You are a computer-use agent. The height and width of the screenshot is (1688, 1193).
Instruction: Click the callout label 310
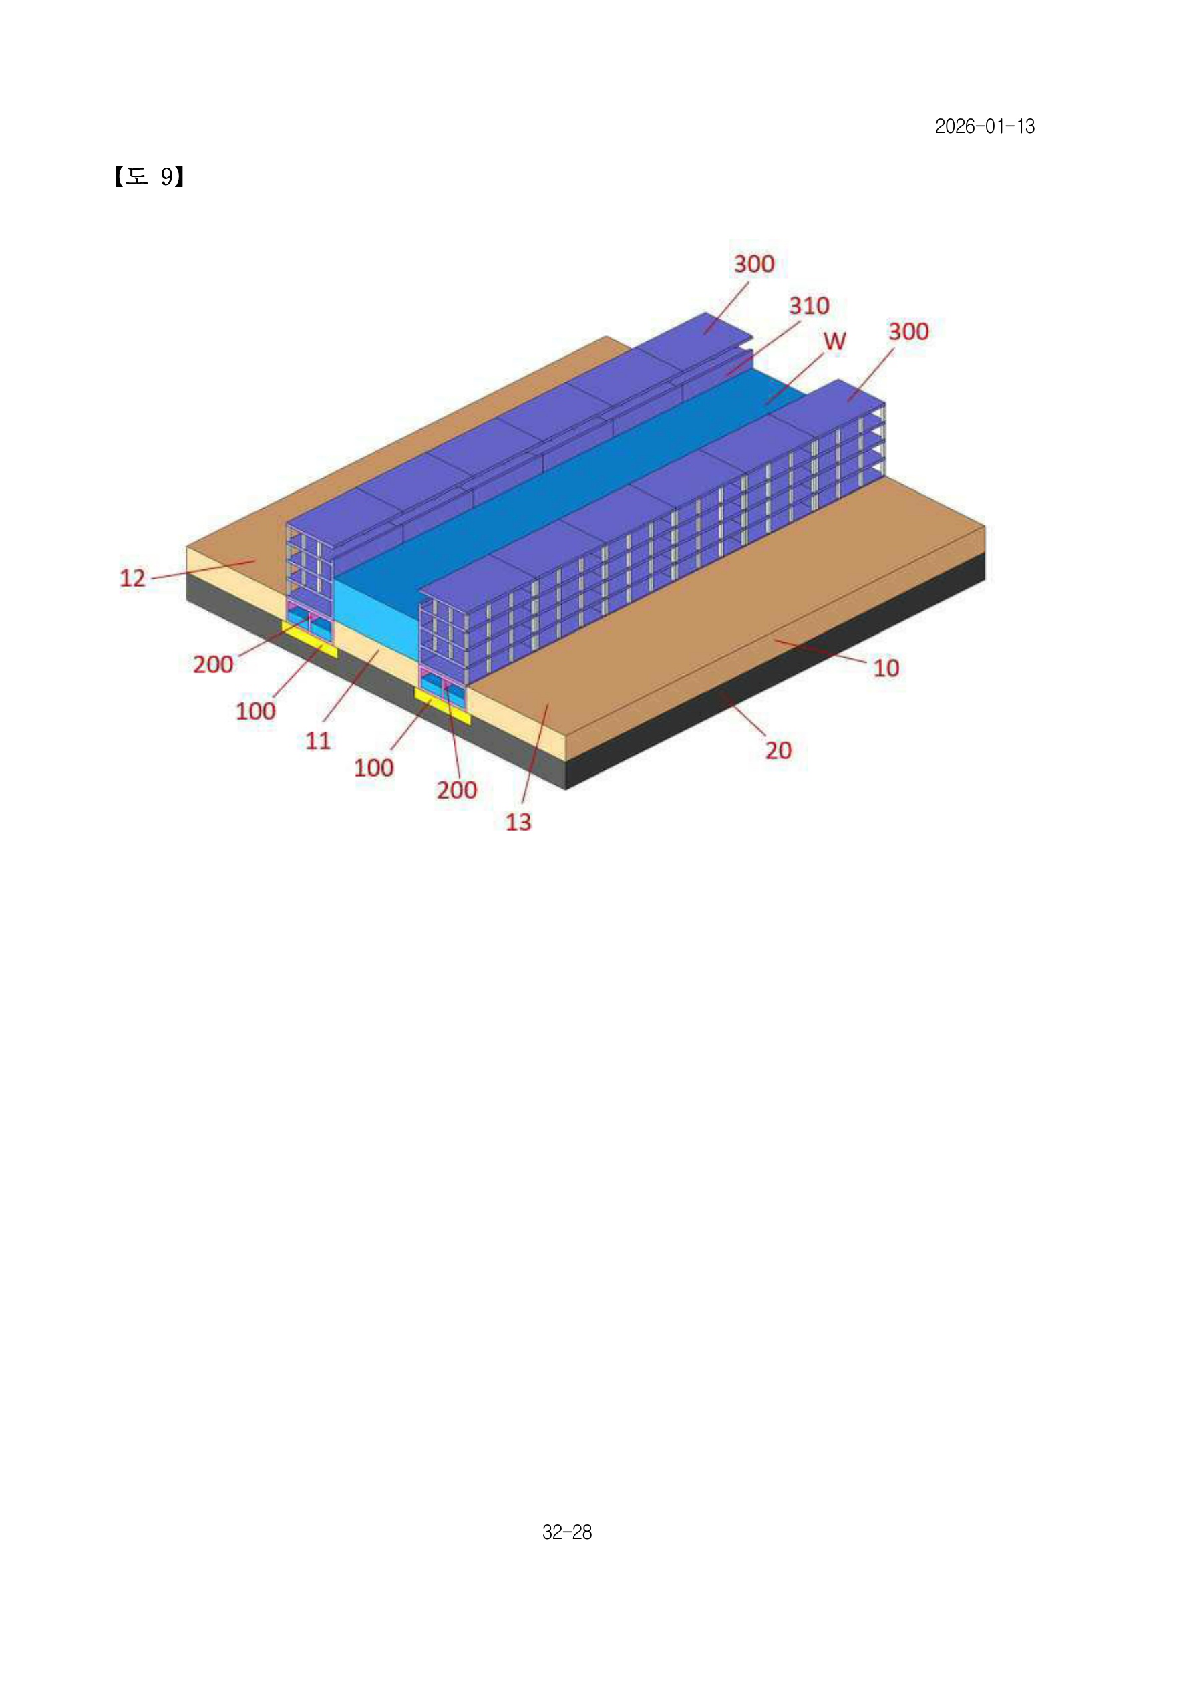click(810, 305)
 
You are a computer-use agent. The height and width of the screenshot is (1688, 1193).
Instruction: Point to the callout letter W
click(834, 341)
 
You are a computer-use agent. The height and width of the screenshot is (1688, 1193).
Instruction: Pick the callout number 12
click(132, 578)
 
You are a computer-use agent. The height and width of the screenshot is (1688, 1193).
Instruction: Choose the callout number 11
click(317, 740)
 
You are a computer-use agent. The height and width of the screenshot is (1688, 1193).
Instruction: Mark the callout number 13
click(518, 822)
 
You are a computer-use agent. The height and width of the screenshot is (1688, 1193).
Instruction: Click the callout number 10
click(886, 668)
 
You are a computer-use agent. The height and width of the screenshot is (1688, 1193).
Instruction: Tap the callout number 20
click(778, 750)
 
